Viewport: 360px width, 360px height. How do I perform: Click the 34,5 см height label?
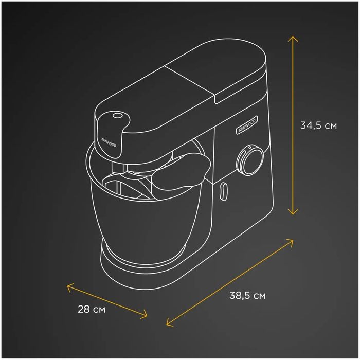(319, 125)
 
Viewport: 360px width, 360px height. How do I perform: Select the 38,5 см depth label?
(247, 296)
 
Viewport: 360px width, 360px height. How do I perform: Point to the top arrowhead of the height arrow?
(293, 38)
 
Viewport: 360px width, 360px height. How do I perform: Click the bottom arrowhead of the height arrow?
(293, 212)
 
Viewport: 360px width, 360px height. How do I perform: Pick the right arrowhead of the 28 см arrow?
(146, 315)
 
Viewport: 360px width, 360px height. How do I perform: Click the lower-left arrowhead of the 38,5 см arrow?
(169, 323)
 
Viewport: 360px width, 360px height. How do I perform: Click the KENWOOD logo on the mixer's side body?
(247, 125)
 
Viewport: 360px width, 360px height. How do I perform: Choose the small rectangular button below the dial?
(223, 190)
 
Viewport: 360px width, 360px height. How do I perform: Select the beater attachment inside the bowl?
(129, 188)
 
